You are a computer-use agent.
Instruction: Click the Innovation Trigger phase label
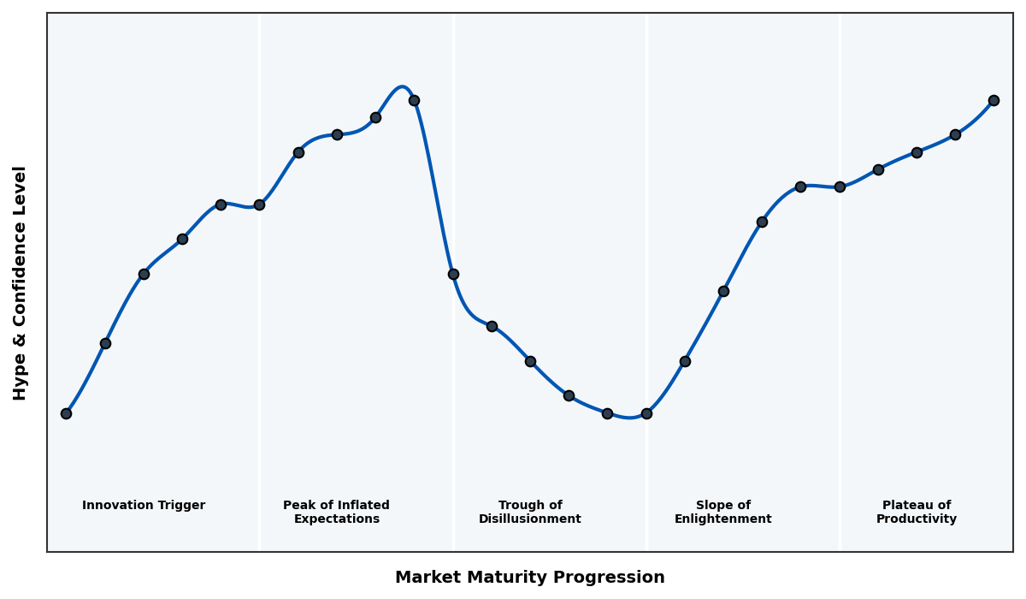(x=144, y=506)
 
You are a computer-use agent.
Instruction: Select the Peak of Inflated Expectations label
(x=336, y=512)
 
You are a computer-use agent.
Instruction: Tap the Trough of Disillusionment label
(x=530, y=512)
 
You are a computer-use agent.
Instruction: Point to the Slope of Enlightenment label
(x=723, y=512)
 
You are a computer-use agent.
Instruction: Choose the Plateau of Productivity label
(x=917, y=512)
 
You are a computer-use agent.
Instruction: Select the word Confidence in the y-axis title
(x=21, y=282)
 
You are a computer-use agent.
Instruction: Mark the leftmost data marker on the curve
(x=66, y=413)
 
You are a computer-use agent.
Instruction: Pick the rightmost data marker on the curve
(x=994, y=100)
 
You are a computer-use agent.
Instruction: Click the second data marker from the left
(x=105, y=343)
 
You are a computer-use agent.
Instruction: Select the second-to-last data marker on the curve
(x=955, y=134)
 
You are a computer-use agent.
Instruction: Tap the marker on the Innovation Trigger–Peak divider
(x=259, y=205)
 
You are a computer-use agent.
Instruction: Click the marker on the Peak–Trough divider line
(x=453, y=274)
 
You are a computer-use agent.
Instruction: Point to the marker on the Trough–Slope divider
(x=646, y=413)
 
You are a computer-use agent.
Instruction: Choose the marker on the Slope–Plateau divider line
(x=840, y=187)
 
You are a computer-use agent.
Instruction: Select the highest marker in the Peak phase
(x=414, y=100)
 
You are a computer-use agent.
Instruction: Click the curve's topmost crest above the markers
(x=402, y=86)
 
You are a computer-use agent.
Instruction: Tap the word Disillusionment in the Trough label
(x=530, y=519)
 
